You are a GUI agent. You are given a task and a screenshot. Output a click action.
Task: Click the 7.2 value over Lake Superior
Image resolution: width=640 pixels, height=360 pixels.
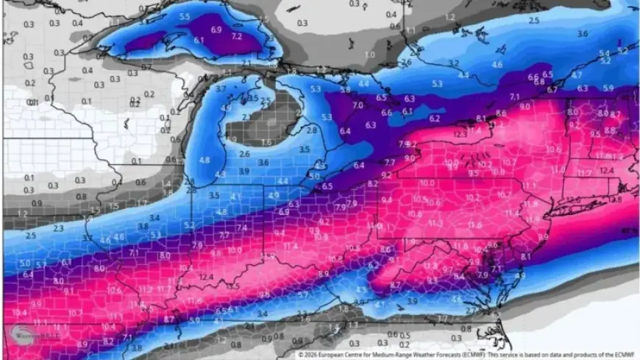click(236, 35)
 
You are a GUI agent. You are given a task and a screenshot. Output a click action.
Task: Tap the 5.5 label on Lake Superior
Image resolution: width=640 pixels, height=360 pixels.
click(184, 16)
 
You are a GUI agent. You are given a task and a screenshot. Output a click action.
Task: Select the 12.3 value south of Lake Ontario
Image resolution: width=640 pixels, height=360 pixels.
click(461, 134)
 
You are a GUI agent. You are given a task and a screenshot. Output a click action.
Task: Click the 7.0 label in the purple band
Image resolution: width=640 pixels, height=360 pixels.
click(358, 106)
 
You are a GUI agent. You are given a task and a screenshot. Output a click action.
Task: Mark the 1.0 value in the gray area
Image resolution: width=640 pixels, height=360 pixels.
click(370, 55)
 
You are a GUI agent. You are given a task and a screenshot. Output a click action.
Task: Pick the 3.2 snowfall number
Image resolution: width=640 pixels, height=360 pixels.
click(454, 63)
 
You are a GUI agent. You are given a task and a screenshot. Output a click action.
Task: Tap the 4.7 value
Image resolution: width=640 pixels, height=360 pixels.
click(577, 75)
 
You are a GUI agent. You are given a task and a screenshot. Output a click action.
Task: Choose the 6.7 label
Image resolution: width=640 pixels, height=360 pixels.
click(552, 89)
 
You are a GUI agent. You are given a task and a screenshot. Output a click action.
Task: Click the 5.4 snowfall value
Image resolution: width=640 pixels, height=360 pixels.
click(604, 54)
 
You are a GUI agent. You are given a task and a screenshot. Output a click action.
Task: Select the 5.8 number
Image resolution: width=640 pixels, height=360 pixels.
click(344, 90)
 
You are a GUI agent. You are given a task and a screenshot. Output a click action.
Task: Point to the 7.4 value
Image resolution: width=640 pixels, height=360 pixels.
click(242, 228)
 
